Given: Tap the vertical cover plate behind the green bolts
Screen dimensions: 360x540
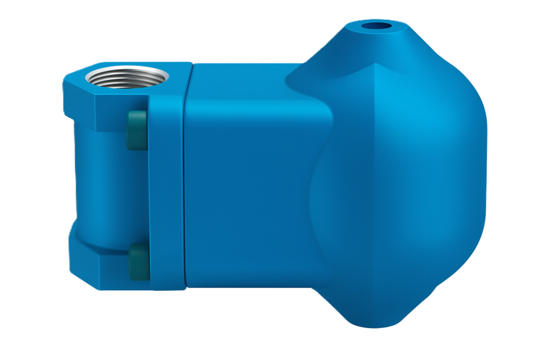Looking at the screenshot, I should [x=167, y=191].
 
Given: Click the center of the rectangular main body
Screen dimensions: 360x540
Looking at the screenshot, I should [x=247, y=180].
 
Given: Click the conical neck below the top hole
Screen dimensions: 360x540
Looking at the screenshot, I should [x=360, y=48].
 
